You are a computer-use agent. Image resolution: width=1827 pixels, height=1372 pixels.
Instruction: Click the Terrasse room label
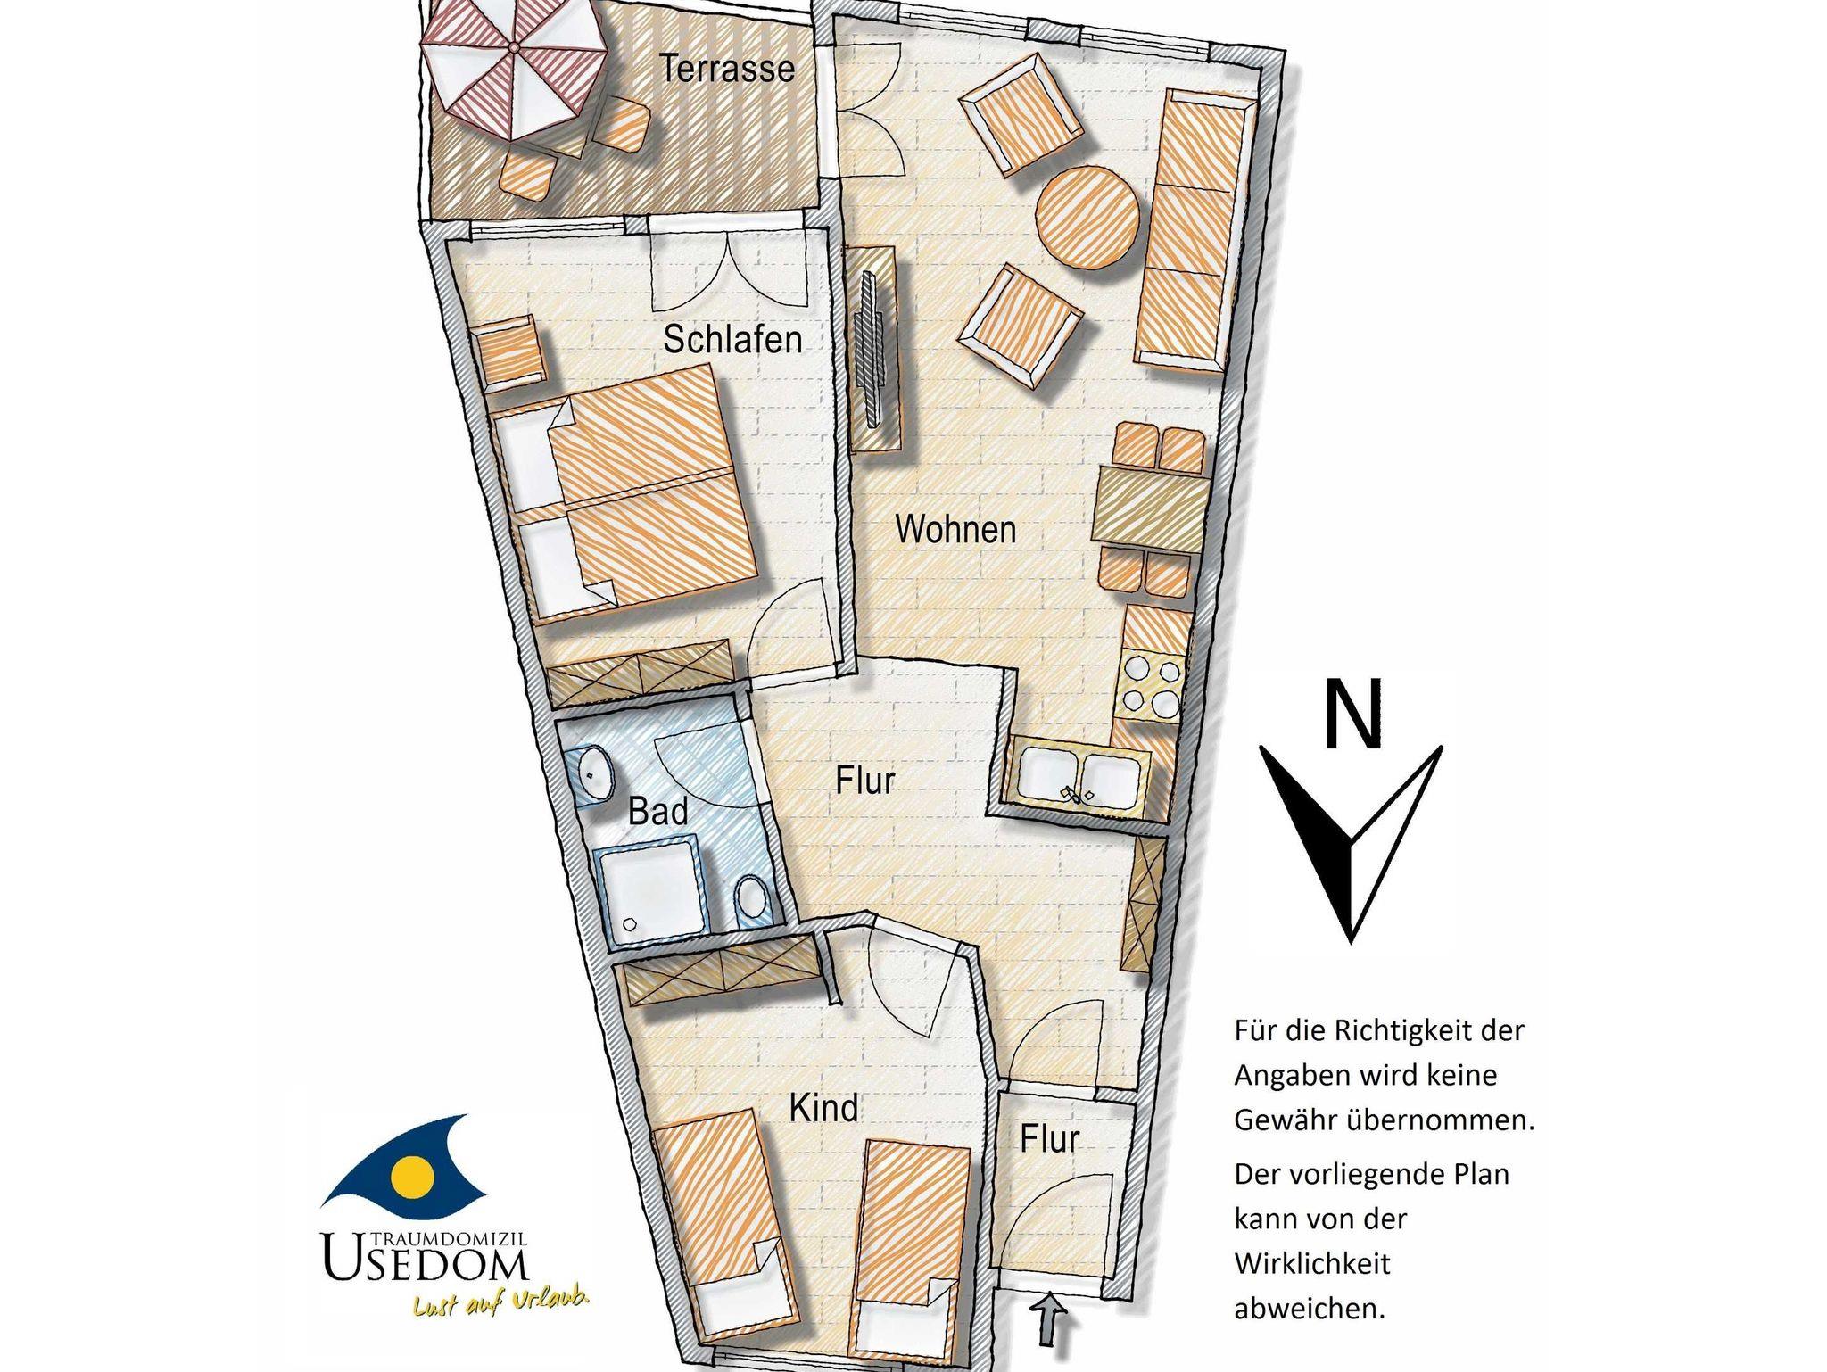tap(727, 68)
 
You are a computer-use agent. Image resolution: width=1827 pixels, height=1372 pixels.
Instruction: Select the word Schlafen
tap(732, 340)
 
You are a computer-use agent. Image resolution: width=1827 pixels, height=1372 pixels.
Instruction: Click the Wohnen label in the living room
tap(955, 529)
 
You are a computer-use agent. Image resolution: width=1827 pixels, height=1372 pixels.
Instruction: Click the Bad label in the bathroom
tap(657, 812)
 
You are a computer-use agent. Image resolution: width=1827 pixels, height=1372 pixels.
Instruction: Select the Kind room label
tap(823, 1108)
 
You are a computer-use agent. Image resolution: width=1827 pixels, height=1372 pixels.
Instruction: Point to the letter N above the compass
tap(1353, 714)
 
